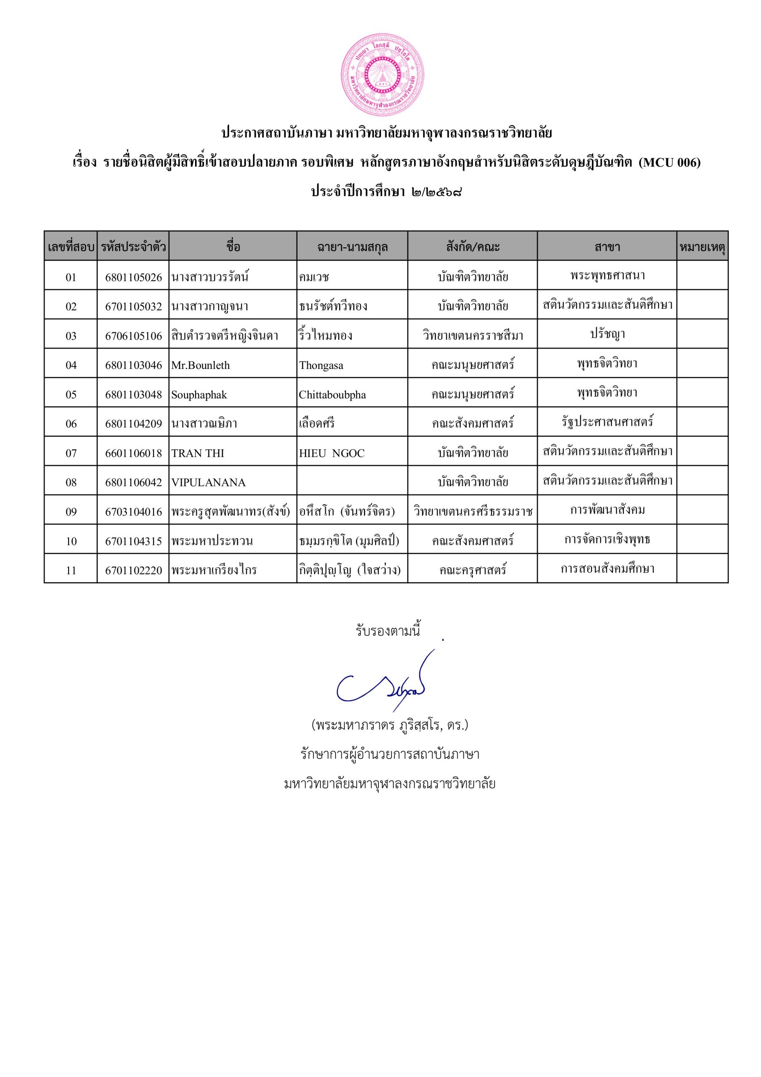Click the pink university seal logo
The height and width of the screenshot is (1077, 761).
tap(383, 75)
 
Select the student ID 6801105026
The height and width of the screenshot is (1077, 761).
tap(133, 277)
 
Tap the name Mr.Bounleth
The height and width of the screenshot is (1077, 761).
tap(200, 366)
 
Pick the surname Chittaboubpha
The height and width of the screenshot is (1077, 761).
tap(332, 395)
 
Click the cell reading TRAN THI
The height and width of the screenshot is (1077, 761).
tap(198, 453)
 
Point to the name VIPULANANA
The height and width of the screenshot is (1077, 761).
tap(208, 482)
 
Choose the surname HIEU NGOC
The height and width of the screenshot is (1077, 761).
tap(331, 453)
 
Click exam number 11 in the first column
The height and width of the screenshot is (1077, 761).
tap(71, 570)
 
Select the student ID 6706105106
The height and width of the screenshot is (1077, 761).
tap(133, 336)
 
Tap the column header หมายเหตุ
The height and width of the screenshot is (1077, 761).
tap(702, 247)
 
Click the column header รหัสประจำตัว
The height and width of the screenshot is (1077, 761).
tap(133, 247)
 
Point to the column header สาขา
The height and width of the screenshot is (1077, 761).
tap(607, 247)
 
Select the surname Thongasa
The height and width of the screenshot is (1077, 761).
tap(321, 366)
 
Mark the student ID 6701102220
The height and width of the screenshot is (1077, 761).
tap(133, 570)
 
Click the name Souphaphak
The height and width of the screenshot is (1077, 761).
tap(199, 395)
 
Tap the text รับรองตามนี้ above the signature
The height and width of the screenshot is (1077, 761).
tap(387, 631)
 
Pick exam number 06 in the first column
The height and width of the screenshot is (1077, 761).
tap(71, 424)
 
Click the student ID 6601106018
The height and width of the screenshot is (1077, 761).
tap(133, 453)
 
